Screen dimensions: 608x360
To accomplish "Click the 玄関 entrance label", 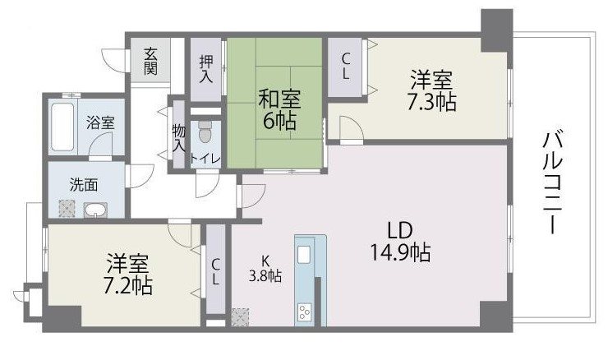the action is [150, 61].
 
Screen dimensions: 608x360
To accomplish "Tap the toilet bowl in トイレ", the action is [205, 132].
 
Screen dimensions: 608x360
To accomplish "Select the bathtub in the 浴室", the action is [62, 127].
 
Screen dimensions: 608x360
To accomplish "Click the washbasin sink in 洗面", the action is [95, 210].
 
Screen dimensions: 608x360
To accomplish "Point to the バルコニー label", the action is [552, 182].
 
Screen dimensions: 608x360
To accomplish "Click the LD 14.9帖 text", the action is [400, 242].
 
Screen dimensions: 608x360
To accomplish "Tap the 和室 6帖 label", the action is [279, 110].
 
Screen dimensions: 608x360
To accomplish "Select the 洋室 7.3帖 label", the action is [431, 90].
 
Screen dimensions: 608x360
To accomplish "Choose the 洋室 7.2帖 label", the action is [127, 275].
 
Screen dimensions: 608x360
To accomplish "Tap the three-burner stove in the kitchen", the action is [304, 312].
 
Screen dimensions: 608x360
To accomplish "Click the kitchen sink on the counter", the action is [304, 255].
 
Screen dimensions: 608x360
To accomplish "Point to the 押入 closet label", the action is [206, 69].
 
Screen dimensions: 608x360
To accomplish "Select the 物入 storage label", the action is [179, 138].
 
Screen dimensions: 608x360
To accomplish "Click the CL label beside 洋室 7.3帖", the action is [345, 67].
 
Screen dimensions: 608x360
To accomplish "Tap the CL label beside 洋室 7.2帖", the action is [215, 272].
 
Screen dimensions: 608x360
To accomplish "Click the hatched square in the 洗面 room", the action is [67, 208].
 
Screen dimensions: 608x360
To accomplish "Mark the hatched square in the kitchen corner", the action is [240, 317].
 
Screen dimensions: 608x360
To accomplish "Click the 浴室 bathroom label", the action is [100, 123].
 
